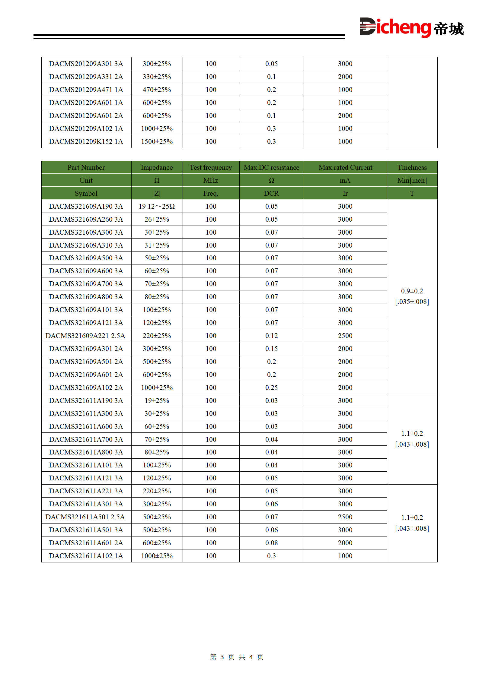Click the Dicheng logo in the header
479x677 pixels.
pos(411,27)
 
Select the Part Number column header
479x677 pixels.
pos(86,167)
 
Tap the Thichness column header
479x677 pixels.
pos(412,167)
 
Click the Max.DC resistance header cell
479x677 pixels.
pos(271,167)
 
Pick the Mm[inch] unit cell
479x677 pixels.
pos(412,180)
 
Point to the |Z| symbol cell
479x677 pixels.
pos(157,193)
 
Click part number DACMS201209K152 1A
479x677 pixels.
pos(86,141)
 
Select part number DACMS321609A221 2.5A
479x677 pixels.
pos(85,336)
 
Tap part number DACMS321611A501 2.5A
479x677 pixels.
pos(85,517)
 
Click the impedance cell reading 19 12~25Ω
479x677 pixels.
pos(157,206)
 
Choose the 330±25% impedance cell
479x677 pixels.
pos(157,77)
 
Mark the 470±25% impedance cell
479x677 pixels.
pos(157,90)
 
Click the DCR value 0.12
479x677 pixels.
pos(271,336)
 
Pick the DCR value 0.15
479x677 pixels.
pos(271,349)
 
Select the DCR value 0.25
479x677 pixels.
pos(271,388)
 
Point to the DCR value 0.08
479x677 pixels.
pos(271,543)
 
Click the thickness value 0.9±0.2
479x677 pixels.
pos(412,291)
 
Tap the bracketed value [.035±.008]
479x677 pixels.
pos(412,302)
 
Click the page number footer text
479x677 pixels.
pos(237,657)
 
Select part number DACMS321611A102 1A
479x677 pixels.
pos(86,556)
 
